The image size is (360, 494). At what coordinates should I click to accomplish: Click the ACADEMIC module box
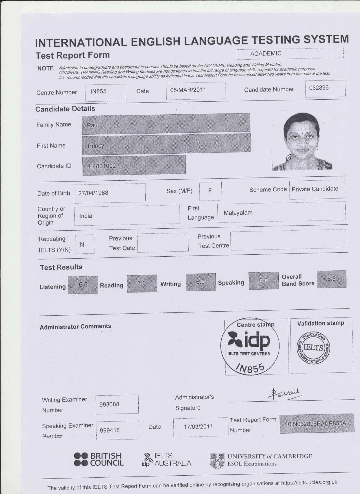point(290,54)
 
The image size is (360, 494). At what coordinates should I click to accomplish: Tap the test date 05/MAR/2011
point(196,90)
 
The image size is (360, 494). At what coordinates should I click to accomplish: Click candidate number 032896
point(325,88)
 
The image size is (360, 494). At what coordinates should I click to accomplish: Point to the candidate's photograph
point(302,141)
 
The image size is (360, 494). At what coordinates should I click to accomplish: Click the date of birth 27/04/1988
point(110,193)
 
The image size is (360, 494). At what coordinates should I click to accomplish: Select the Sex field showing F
point(210,191)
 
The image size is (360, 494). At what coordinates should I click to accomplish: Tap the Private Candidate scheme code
point(317,189)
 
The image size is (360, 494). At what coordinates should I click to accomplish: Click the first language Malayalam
point(281,213)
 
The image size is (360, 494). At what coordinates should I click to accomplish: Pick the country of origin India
point(127,216)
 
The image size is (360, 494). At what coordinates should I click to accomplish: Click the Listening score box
point(83,285)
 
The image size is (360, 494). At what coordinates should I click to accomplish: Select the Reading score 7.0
point(142,283)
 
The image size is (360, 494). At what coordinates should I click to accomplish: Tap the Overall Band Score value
point(331,279)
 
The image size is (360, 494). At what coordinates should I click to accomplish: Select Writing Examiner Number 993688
point(117,404)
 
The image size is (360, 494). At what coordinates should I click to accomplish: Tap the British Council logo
point(99,459)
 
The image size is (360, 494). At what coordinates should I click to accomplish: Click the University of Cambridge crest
point(217,461)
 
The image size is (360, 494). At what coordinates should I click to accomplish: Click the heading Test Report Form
point(73,55)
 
